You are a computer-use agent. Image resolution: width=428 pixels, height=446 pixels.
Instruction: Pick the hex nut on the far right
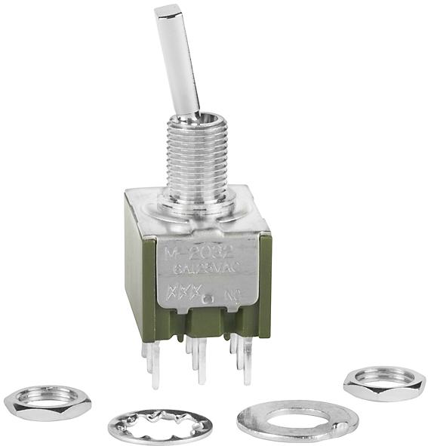[x=384, y=383]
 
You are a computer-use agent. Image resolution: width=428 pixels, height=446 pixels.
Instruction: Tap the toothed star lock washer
[x=159, y=427]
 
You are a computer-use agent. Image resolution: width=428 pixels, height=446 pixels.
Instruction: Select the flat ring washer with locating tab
[x=297, y=420]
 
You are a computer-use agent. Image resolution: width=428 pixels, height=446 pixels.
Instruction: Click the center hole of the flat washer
[x=296, y=417]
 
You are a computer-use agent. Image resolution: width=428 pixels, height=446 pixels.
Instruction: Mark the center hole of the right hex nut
[x=385, y=378]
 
